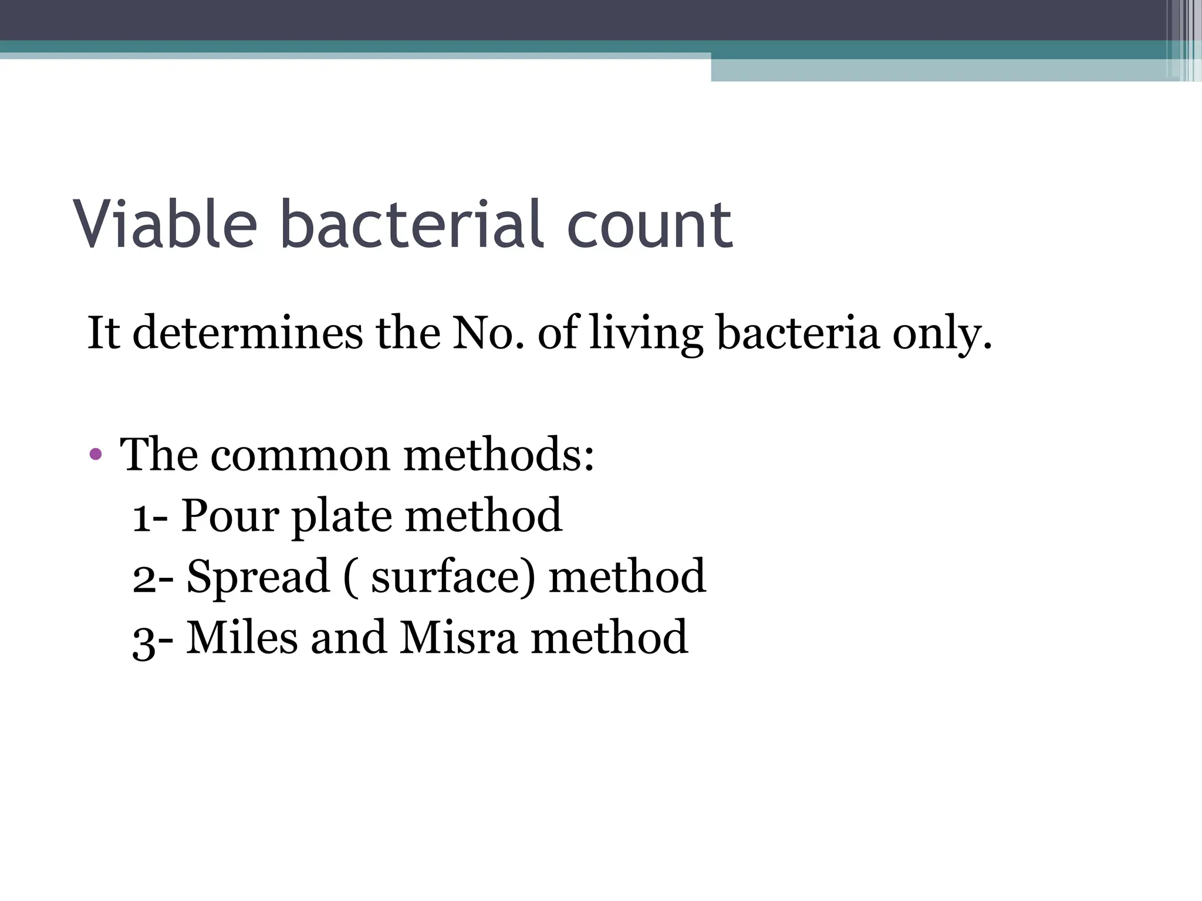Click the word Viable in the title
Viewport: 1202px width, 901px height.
[166, 224]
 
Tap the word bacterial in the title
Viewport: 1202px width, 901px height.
[411, 224]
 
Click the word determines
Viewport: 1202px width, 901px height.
[248, 333]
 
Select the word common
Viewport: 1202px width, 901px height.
[300, 455]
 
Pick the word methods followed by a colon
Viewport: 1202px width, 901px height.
[498, 455]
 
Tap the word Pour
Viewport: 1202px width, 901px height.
[229, 516]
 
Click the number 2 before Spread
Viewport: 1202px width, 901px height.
[144, 578]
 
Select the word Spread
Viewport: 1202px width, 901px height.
[258, 578]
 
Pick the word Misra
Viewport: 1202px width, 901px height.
[458, 638]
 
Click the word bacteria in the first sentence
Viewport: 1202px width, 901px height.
[798, 333]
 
